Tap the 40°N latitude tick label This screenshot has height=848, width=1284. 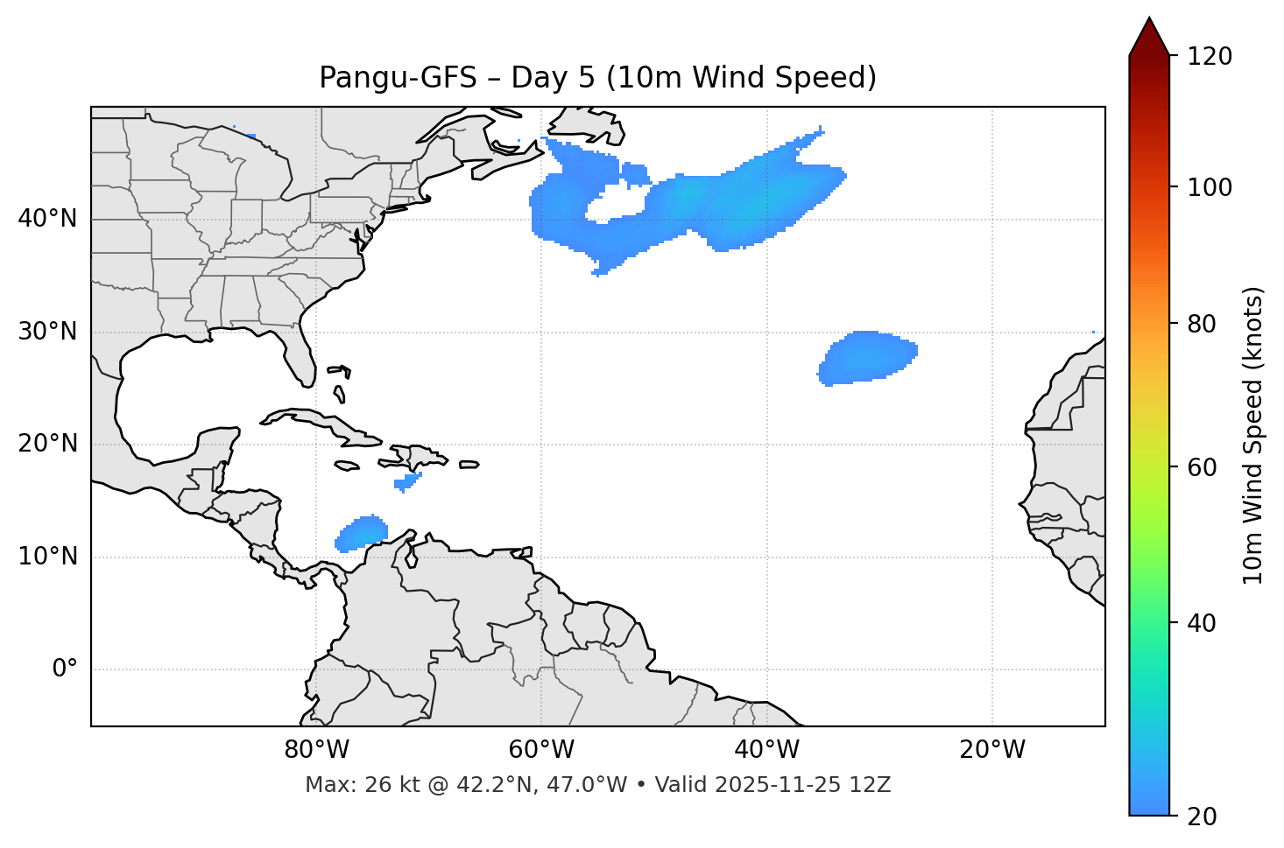tap(47, 219)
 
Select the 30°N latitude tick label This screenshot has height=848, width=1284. tap(47, 332)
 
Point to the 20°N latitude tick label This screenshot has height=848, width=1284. tap(47, 444)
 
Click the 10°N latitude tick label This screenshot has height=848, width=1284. tap(47, 557)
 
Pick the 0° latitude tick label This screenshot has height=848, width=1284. tap(65, 669)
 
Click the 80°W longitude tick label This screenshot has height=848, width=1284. tap(316, 750)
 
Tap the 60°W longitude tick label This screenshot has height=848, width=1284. tap(541, 750)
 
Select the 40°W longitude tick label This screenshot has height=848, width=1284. tap(767, 750)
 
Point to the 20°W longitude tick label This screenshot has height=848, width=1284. tap(992, 750)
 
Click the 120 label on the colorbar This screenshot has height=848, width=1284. tap(1210, 57)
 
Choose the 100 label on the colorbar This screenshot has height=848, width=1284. tap(1210, 187)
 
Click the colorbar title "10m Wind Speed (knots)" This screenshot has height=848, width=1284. tap(1253, 436)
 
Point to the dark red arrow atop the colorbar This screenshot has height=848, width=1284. tap(1149, 38)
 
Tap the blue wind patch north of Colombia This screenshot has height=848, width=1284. tap(363, 533)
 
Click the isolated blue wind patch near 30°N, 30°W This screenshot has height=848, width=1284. tap(868, 357)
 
